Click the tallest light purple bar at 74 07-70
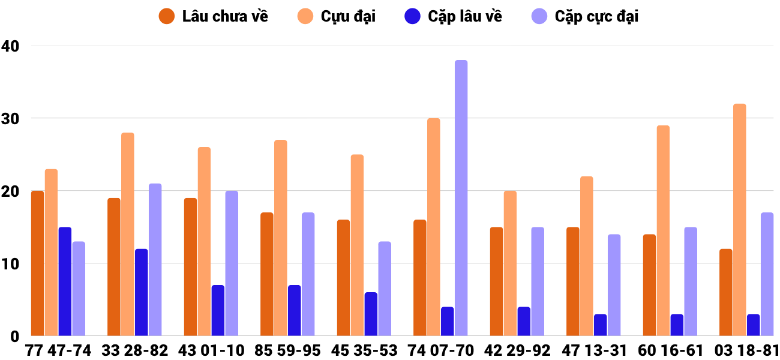pos(461,198)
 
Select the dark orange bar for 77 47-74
pos(38,263)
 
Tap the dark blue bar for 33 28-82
pos(142,292)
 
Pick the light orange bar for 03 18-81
pos(740,220)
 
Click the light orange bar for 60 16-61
pos(663,230)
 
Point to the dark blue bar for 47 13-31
pos(600,325)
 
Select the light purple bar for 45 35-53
pos(385,289)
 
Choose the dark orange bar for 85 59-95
pos(267,274)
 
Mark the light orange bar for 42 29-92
pos(510,263)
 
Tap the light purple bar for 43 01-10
pos(232,263)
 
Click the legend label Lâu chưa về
pos(225,16)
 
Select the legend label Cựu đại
pos(348,16)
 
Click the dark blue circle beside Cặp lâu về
pos(412,16)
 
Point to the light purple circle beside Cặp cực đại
pos(540,16)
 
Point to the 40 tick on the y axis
pos(11,46)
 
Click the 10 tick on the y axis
pos(11,264)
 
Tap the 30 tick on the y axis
pos(11,118)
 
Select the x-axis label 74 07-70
pos(440,350)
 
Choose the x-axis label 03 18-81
pos(746,350)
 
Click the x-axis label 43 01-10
pos(211,350)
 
